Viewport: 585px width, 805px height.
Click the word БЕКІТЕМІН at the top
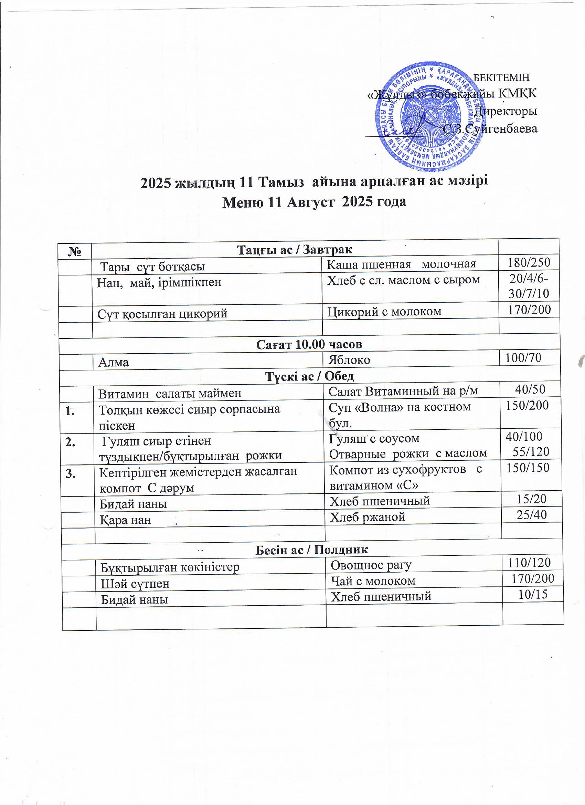coord(502,77)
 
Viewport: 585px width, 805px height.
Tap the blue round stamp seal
coord(429,115)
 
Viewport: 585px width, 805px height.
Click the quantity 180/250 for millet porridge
coord(529,263)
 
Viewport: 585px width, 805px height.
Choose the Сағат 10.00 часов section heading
coord(309,344)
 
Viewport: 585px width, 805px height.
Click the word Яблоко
coord(349,360)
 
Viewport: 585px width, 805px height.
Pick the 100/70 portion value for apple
coord(523,358)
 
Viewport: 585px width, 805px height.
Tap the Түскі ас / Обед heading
coord(310,376)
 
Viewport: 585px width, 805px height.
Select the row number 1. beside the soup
coord(70,412)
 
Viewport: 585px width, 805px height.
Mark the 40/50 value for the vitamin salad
coord(530,389)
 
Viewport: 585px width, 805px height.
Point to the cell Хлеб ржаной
coord(368,517)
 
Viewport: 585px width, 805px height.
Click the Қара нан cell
coord(125,520)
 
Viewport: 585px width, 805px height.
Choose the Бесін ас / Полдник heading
coord(312,550)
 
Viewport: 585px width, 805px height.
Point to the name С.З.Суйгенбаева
coord(490,128)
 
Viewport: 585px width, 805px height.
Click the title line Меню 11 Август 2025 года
coord(314,202)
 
